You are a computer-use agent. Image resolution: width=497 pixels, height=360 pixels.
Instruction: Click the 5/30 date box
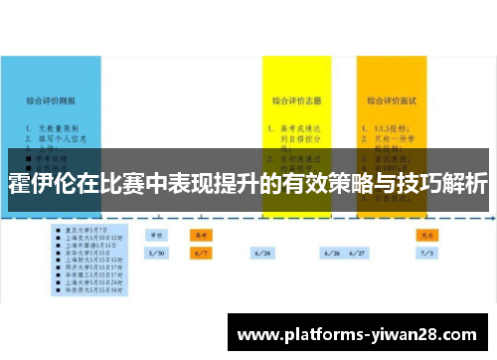[x=157, y=254]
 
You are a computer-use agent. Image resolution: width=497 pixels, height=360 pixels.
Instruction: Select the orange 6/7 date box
[x=200, y=254]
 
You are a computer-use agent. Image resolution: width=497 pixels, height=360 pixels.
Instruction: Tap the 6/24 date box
[x=263, y=254]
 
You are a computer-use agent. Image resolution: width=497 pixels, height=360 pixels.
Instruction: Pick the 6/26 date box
[x=331, y=254]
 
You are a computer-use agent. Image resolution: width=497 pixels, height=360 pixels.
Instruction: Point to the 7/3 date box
[x=427, y=254]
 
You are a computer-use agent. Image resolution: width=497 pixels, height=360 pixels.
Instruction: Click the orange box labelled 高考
[x=200, y=235]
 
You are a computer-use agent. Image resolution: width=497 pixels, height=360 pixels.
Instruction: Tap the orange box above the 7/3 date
[x=427, y=235]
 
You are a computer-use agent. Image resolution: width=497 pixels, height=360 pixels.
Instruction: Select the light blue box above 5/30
[x=157, y=235]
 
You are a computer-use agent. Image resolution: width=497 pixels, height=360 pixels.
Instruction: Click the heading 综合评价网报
[x=53, y=100]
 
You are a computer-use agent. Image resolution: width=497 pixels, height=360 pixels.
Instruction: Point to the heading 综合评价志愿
[x=296, y=100]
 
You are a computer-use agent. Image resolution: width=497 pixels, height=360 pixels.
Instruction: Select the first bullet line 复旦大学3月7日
[x=83, y=228]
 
